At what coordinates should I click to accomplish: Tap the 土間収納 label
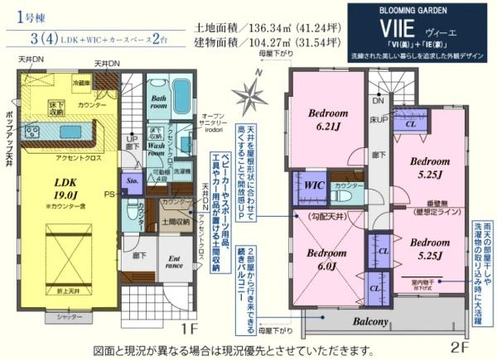tap(176, 221)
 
